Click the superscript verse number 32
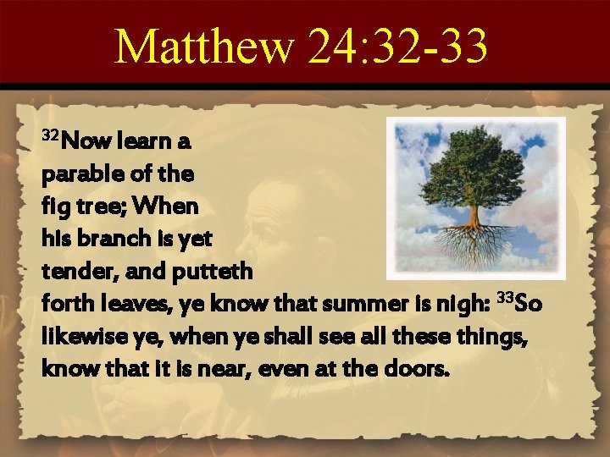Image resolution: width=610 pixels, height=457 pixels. (x=50, y=136)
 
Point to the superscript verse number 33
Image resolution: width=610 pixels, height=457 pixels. (x=505, y=296)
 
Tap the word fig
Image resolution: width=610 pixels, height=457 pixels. (x=55, y=206)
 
